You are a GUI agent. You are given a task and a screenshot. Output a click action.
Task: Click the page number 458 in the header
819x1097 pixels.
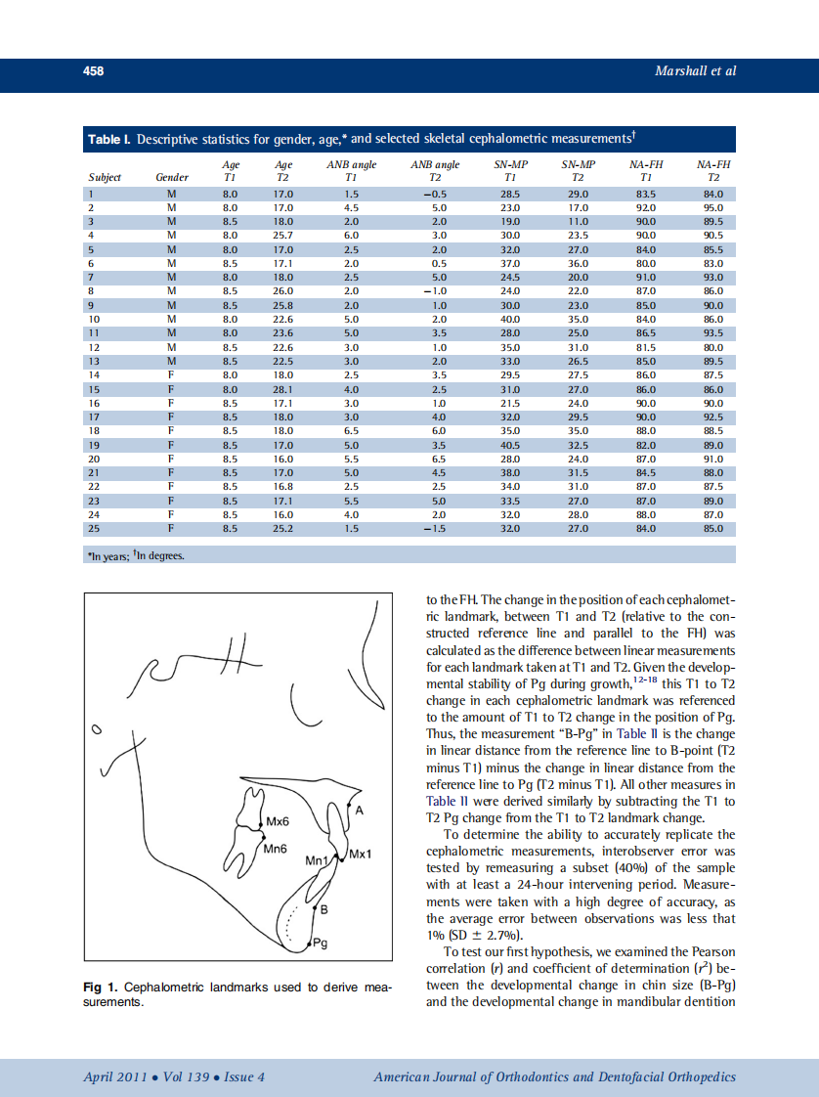coord(92,71)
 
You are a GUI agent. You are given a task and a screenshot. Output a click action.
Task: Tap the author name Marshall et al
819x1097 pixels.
coord(695,71)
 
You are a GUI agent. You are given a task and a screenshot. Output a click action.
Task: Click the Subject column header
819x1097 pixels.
coord(105,178)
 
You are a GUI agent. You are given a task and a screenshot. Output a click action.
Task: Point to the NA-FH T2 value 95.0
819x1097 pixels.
coord(712,208)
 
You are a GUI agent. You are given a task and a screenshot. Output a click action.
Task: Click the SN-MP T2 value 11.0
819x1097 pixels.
coord(579,222)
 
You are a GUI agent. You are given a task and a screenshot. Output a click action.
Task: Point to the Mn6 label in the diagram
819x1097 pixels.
coord(276,849)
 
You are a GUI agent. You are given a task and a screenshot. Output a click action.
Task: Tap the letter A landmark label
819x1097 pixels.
coord(360,811)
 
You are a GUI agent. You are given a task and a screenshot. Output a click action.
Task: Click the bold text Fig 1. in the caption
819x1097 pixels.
coord(99,988)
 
